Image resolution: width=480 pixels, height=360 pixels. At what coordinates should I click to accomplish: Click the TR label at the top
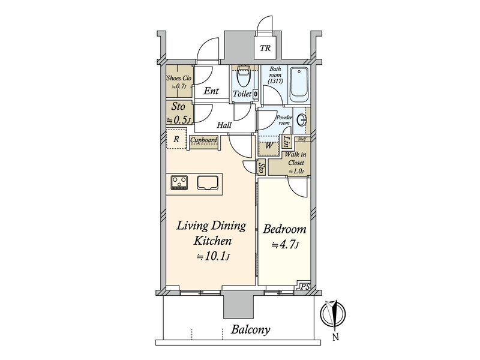265,48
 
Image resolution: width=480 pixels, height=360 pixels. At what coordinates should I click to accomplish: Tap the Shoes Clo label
179,78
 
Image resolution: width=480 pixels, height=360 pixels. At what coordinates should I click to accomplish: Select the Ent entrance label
211,91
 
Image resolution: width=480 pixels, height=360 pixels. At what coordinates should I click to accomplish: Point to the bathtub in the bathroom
299,85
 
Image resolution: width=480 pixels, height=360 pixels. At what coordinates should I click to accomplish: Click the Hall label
224,125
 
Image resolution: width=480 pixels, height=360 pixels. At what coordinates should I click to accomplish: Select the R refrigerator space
176,139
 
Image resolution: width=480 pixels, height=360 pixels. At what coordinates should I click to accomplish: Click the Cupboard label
204,140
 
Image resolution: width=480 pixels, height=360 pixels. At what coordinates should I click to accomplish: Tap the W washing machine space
269,146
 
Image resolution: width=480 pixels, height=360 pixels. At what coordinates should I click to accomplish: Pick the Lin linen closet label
287,142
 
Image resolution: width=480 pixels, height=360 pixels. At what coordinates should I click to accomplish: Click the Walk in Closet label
295,158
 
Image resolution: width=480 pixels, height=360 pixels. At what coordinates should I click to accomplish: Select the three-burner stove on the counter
179,183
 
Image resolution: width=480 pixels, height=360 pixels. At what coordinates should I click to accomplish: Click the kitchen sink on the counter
208,183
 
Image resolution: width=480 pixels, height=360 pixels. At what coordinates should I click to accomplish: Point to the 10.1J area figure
213,257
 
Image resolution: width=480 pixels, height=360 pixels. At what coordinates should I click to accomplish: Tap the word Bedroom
284,229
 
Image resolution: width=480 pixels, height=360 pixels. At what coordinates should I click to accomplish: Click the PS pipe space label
305,287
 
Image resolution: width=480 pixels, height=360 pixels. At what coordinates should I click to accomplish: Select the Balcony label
250,329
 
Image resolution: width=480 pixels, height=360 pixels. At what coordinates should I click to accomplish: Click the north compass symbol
333,314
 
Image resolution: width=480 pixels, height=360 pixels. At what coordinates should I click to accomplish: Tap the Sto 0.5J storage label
179,113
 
